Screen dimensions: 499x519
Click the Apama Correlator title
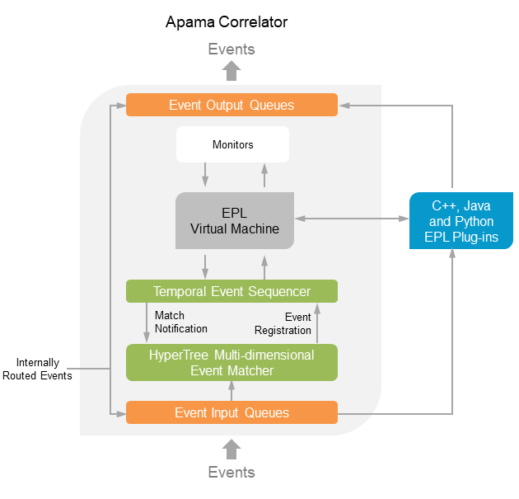click(227, 21)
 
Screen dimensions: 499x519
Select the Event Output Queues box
click(231, 105)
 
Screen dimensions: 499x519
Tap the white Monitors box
click(232, 144)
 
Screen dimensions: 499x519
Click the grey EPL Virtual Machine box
click(235, 220)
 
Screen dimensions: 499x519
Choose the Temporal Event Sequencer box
click(231, 291)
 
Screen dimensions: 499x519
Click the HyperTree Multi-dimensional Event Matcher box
click(231, 363)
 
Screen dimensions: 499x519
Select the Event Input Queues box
click(231, 412)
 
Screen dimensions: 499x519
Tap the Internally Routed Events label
click(44, 369)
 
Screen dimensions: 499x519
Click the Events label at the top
click(231, 49)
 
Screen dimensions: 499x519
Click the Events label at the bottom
click(231, 473)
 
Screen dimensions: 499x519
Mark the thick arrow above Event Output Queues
click(231, 71)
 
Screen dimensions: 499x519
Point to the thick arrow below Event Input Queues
click(231, 449)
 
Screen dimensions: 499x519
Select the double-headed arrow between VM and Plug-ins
click(352, 219)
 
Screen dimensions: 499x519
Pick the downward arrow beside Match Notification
click(147, 322)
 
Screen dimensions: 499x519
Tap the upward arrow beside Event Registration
click(317, 322)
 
